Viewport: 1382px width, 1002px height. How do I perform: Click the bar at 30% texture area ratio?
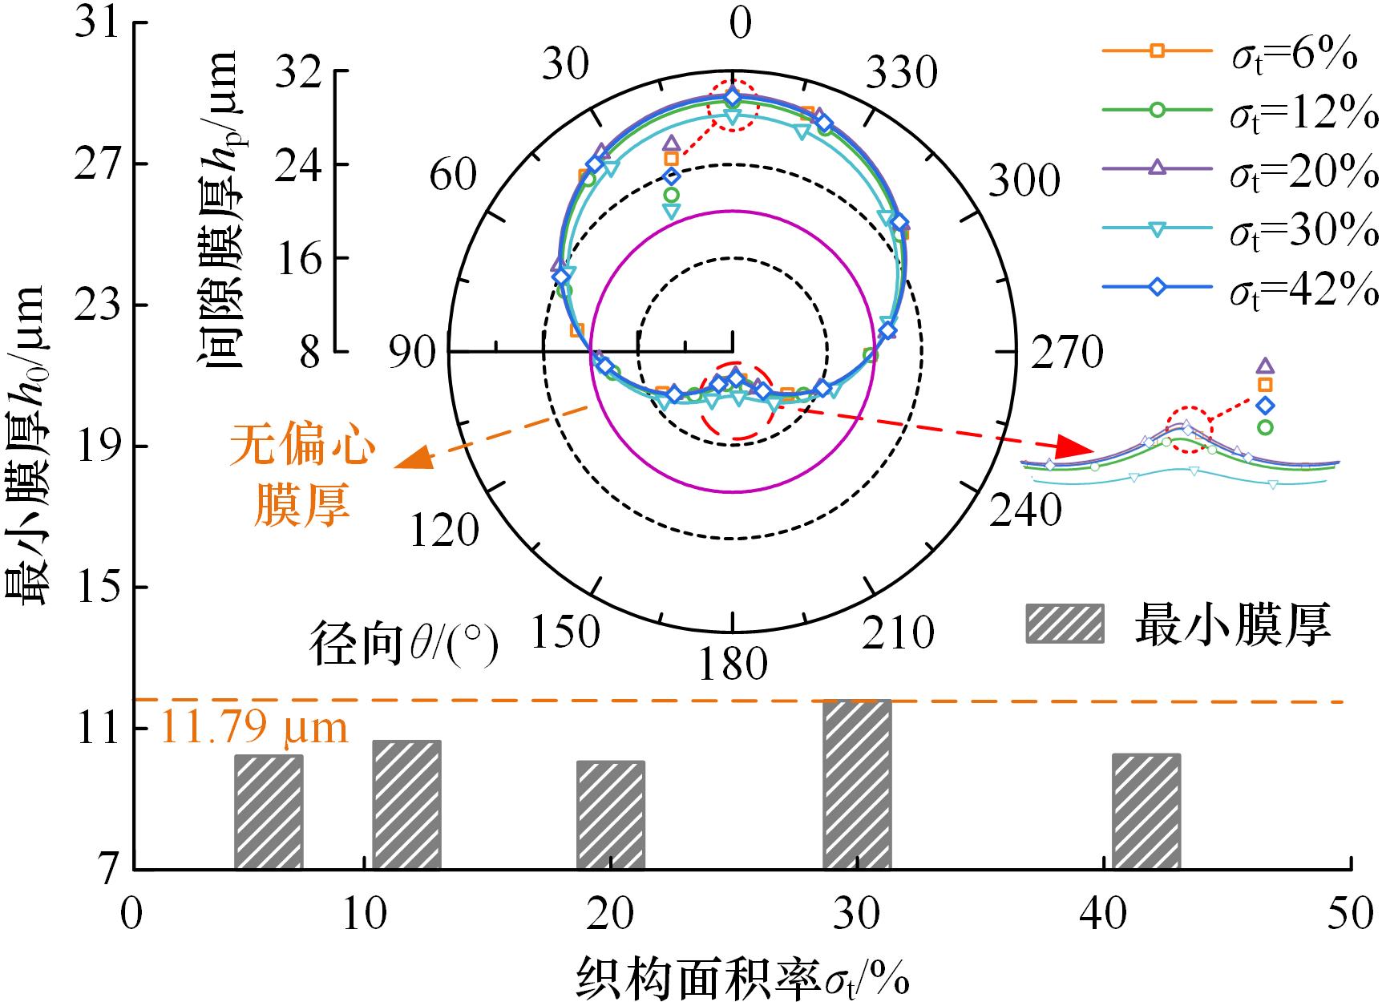pos(857,785)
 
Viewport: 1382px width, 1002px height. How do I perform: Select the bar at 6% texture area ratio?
pos(269,812)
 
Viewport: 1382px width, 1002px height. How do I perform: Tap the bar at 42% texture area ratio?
pos(1146,811)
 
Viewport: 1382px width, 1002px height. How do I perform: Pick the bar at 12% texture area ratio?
pos(406,805)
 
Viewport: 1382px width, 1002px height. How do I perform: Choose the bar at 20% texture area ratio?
pos(610,814)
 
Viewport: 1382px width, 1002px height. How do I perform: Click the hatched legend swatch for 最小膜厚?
pos(1065,624)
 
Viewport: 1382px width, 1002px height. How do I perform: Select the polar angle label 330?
pos(899,74)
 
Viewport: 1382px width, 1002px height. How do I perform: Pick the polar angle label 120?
pos(444,530)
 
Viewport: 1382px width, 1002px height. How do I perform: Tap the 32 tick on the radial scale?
pos(296,71)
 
